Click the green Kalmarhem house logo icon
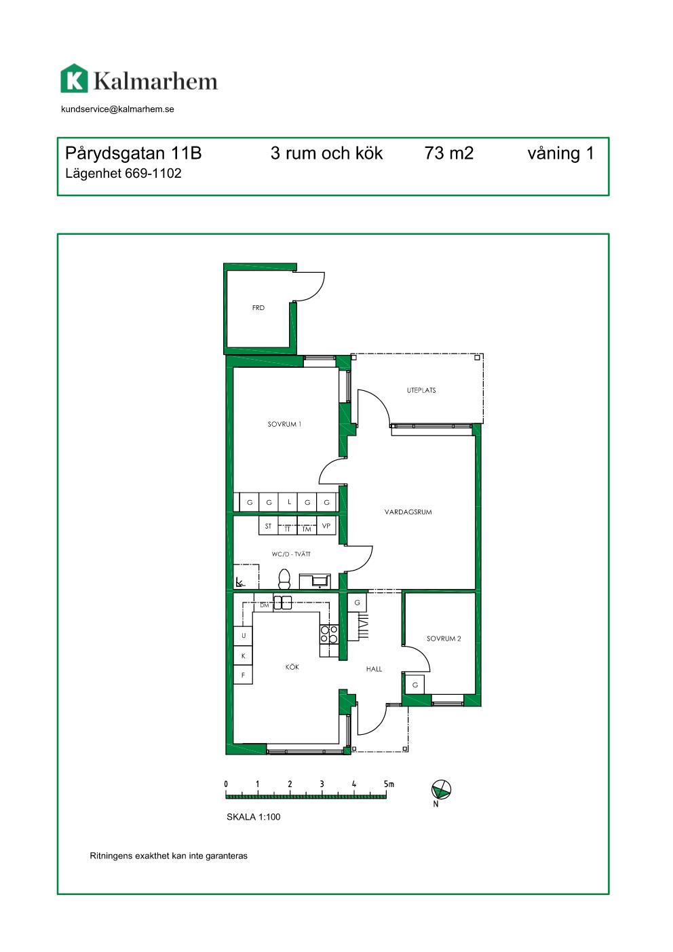pyautogui.click(x=75, y=78)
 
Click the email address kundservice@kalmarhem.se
pyautogui.click(x=117, y=109)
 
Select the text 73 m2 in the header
pyautogui.click(x=448, y=153)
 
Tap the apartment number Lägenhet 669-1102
pyautogui.click(x=123, y=174)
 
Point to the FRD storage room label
pyautogui.click(x=258, y=307)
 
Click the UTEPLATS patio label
pyautogui.click(x=421, y=390)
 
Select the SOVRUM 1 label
pyautogui.click(x=284, y=424)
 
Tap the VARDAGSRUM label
pyautogui.click(x=408, y=512)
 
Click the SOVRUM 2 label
pyautogui.click(x=444, y=639)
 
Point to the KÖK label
pyautogui.click(x=292, y=667)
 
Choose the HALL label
pyautogui.click(x=374, y=669)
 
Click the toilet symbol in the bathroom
pyautogui.click(x=284, y=579)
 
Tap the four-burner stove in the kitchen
pyautogui.click(x=329, y=634)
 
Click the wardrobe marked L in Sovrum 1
pyautogui.click(x=288, y=502)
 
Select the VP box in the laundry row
pyautogui.click(x=326, y=526)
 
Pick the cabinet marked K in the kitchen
pyautogui.click(x=243, y=655)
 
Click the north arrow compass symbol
pyautogui.click(x=441, y=790)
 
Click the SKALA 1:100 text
pyautogui.click(x=253, y=817)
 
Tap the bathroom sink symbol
pyautogui.click(x=315, y=582)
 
